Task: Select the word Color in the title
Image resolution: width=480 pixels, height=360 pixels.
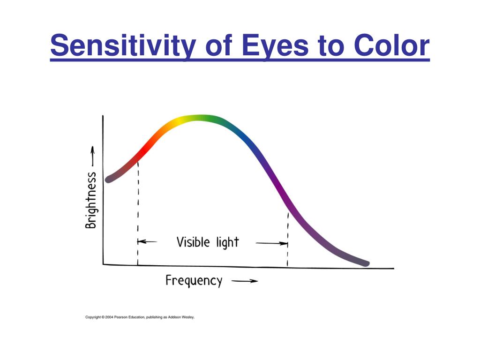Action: click(x=391, y=45)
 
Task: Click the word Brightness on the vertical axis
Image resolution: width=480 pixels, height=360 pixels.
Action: click(x=91, y=201)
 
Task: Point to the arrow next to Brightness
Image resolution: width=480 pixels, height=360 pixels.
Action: click(x=92, y=156)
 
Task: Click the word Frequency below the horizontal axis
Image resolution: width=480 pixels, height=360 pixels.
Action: click(x=194, y=281)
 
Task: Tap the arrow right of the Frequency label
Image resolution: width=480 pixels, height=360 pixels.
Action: click(x=245, y=281)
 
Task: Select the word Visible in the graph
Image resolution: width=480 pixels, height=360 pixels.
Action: click(x=193, y=242)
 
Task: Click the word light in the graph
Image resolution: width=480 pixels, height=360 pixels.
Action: click(x=227, y=242)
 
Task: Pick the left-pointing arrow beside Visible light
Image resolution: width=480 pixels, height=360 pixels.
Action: click(x=147, y=242)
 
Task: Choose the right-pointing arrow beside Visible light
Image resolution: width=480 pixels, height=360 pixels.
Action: click(x=272, y=243)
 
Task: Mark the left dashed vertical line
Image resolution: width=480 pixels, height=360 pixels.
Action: click(x=138, y=213)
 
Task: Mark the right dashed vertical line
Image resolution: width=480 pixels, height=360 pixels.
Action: click(x=288, y=239)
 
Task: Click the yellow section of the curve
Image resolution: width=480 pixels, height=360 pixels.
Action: click(x=180, y=121)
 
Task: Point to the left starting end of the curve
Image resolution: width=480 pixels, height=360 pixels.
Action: click(x=108, y=180)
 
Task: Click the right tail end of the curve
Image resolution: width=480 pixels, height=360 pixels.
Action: click(x=367, y=263)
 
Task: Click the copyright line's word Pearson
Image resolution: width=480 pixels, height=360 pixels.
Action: click(x=120, y=317)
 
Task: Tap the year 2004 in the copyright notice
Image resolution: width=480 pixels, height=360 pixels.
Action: click(x=109, y=317)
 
